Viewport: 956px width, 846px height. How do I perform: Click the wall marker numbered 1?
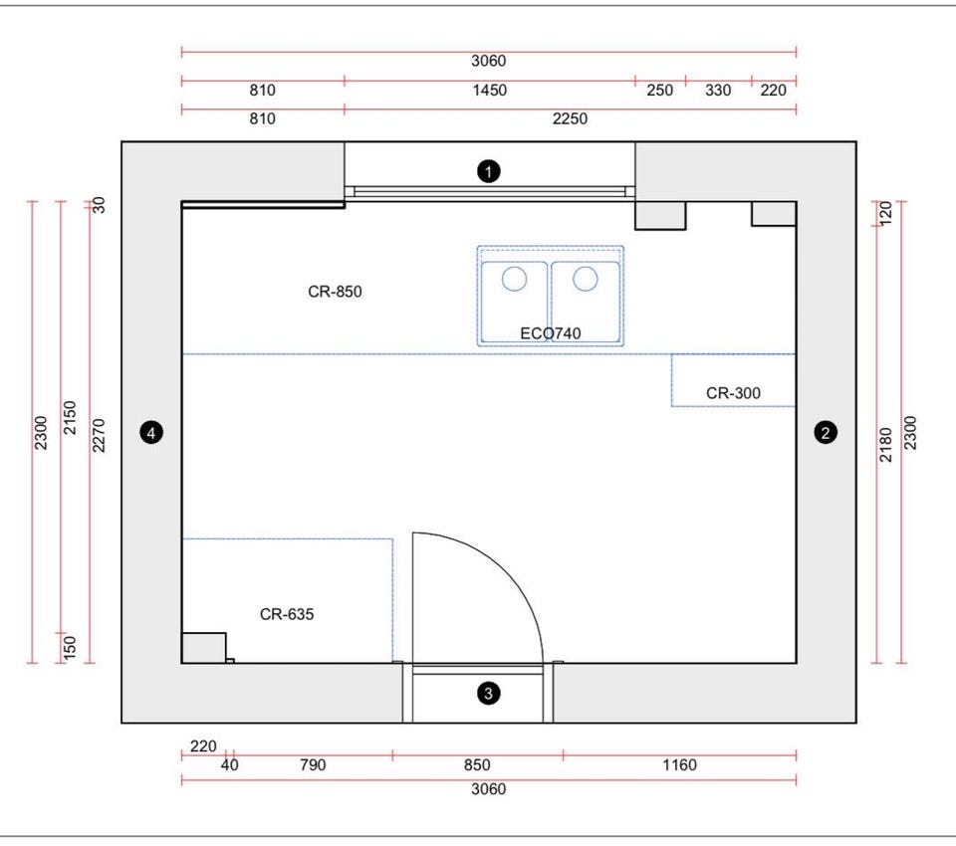488,171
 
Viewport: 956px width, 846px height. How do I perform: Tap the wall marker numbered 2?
826,433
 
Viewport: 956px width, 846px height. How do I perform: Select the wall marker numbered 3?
488,693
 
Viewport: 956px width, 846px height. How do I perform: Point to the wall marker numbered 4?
151,433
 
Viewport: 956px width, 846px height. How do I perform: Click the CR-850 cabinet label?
335,292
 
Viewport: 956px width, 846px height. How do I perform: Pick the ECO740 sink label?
550,333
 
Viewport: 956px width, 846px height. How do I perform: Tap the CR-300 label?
733,393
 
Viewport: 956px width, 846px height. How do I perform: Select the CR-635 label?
287,614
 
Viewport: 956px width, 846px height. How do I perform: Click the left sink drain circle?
514,279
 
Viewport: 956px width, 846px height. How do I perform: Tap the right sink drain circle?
586,279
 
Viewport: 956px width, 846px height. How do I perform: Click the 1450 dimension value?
489,91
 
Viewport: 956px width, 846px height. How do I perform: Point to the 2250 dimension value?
570,118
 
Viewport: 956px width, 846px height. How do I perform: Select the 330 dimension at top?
718,91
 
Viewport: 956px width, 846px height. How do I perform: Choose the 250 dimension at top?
659,91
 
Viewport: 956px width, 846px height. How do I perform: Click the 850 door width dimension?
477,765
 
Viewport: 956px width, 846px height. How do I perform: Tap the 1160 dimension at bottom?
679,765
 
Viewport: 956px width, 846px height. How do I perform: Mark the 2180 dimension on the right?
886,444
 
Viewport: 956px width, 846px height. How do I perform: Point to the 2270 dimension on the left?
99,435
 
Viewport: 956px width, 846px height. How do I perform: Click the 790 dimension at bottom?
313,765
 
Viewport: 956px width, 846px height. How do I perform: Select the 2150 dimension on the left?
70,417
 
